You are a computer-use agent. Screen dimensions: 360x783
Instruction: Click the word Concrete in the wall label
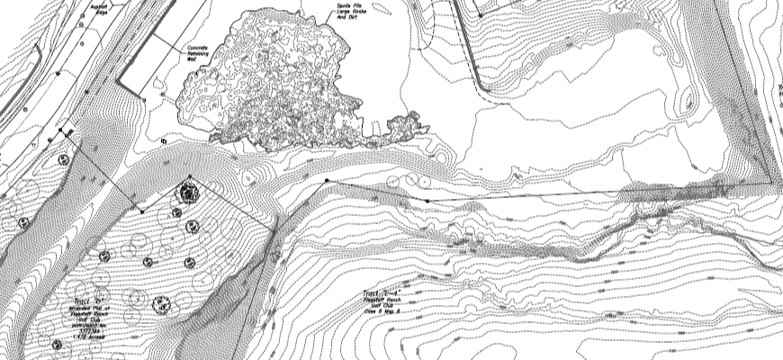(x=197, y=47)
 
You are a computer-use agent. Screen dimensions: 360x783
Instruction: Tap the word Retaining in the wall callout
(x=197, y=53)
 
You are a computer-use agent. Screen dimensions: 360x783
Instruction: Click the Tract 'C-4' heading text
(x=379, y=292)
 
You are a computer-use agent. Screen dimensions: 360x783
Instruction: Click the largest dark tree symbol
(x=188, y=191)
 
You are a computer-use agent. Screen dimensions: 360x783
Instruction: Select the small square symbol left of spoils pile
(x=163, y=141)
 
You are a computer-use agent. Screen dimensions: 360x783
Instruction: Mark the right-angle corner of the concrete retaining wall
(x=143, y=95)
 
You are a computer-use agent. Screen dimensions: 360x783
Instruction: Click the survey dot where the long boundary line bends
(x=326, y=181)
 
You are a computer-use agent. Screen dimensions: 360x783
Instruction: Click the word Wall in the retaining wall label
(x=191, y=59)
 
